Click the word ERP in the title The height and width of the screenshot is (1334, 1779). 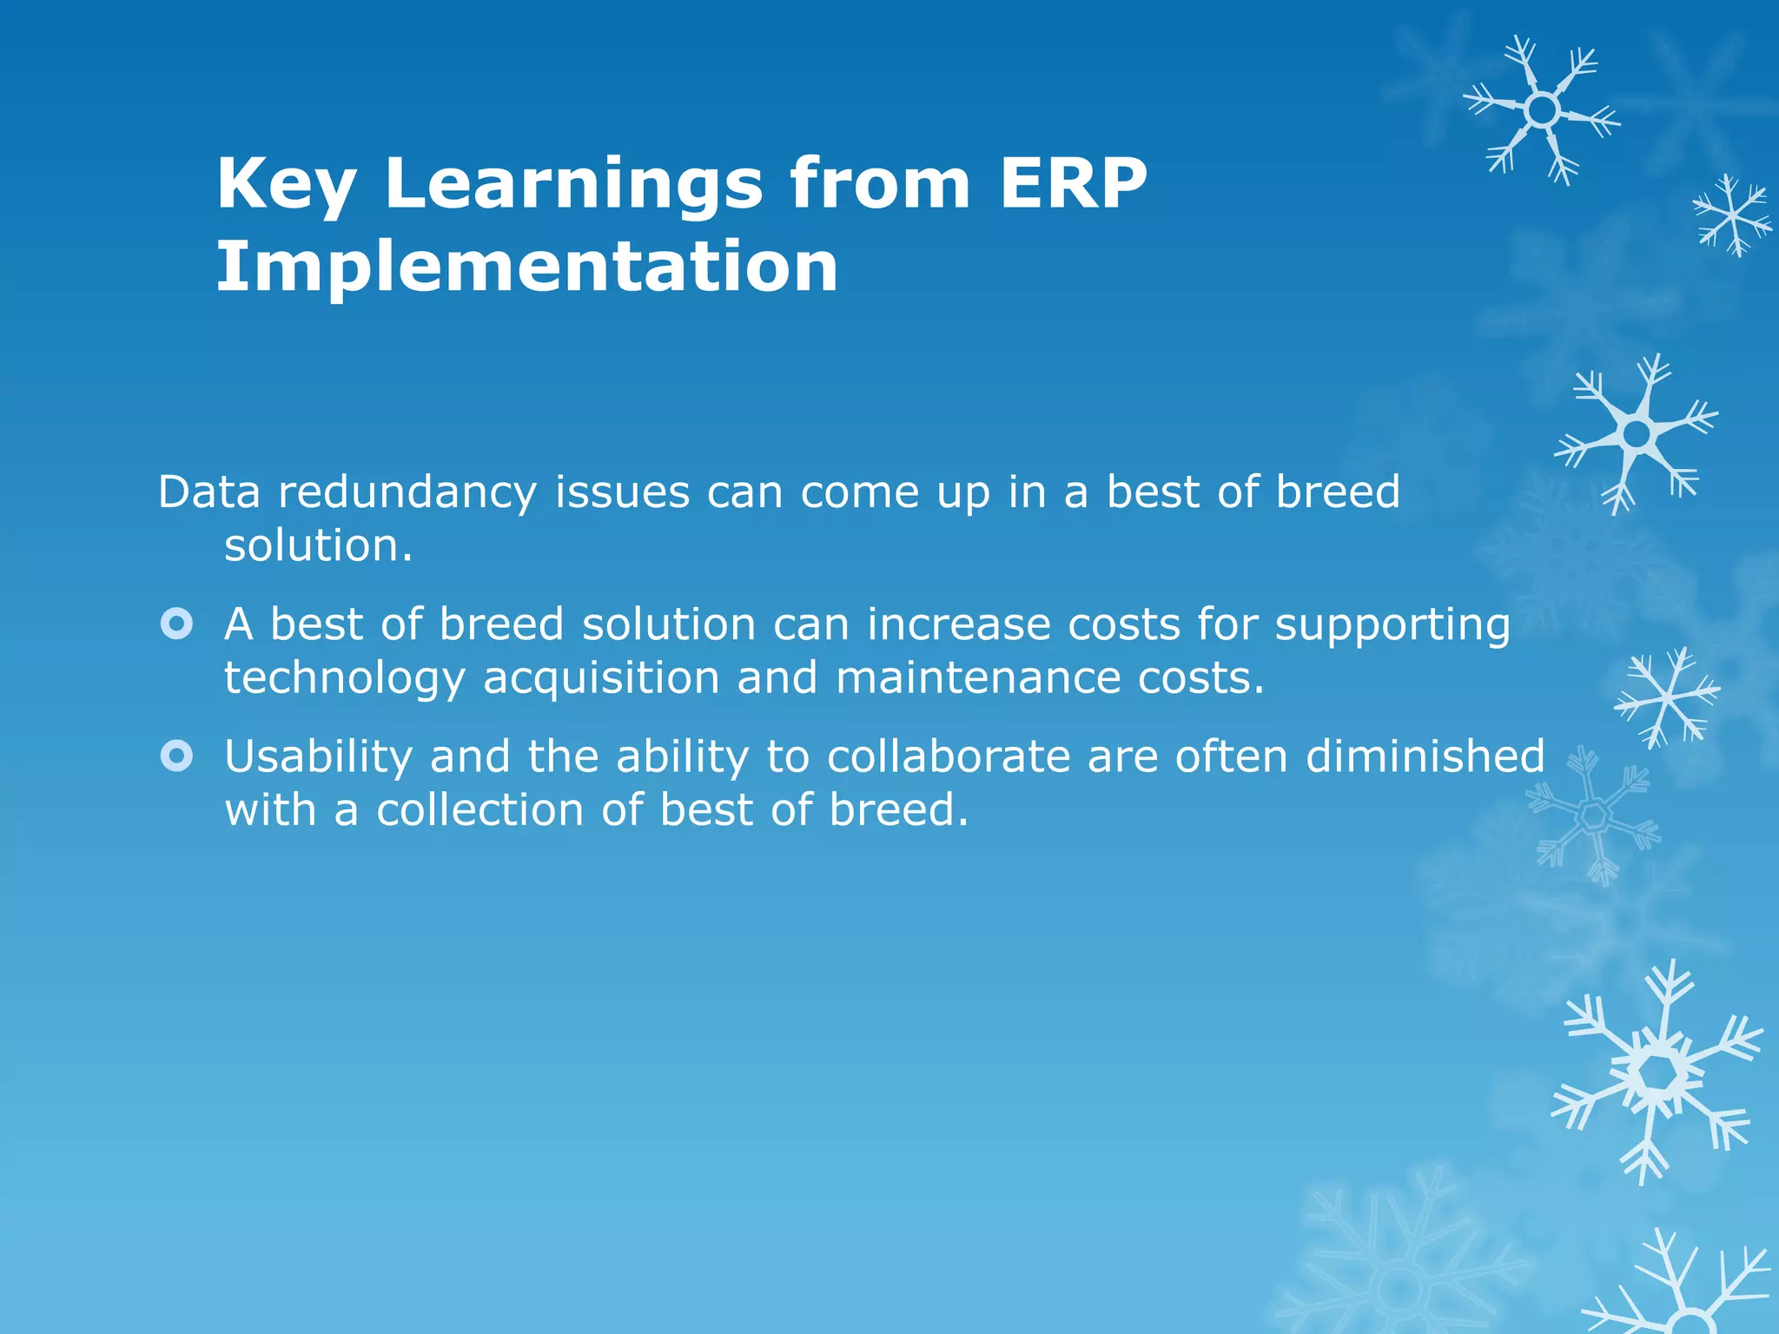pyautogui.click(x=1073, y=183)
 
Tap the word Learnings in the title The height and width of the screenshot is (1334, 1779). pyautogui.click(x=573, y=185)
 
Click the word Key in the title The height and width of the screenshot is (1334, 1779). pyautogui.click(x=286, y=185)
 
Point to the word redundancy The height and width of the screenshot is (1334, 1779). pyautogui.click(x=407, y=493)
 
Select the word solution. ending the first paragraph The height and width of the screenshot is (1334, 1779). pyautogui.click(x=318, y=546)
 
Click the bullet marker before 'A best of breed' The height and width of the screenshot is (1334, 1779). pyautogui.click(x=176, y=624)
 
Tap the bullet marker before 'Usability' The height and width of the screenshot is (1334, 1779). pyautogui.click(x=176, y=756)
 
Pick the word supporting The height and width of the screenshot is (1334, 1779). pyautogui.click(x=1392, y=626)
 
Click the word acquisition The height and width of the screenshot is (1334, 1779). pyautogui.click(x=601, y=678)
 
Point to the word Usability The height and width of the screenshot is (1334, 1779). pyautogui.click(x=318, y=757)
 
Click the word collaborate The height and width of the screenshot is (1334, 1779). pyautogui.click(x=948, y=756)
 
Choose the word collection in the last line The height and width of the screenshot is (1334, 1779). pyautogui.click(x=479, y=810)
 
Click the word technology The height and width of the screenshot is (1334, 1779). pyautogui.click(x=344, y=679)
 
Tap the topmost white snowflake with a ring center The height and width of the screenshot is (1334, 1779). pyautogui.click(x=1542, y=110)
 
